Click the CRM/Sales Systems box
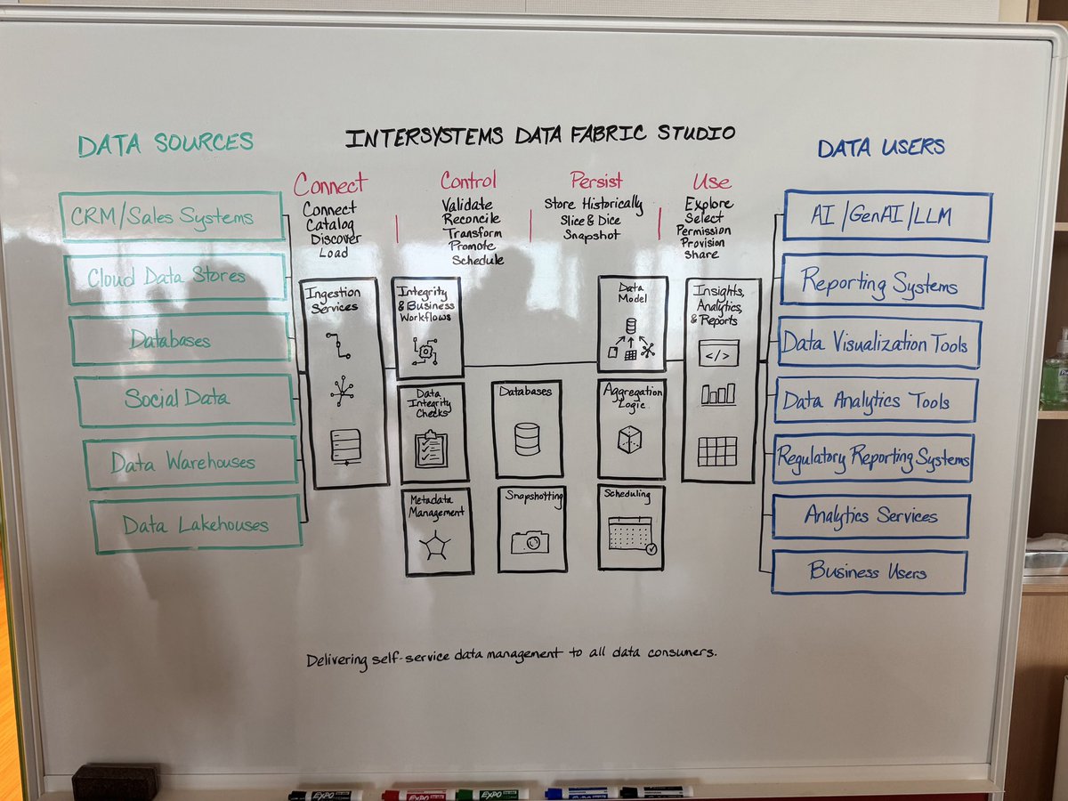click(172, 216)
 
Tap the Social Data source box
click(183, 400)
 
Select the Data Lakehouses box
click(196, 525)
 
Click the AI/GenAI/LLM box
click(886, 216)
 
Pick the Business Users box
click(869, 571)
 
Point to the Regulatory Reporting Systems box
click(872, 458)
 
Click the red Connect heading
click(329, 184)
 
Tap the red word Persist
click(596, 181)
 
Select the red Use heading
click(711, 182)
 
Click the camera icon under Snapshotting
click(530, 541)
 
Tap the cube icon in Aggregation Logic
click(630, 439)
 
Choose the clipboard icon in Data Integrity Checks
click(432, 448)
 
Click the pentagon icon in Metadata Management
click(435, 546)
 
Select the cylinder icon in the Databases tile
click(527, 438)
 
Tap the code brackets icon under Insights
click(718, 353)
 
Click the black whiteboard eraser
click(115, 781)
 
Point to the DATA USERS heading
click(881, 148)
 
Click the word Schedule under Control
click(478, 260)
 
